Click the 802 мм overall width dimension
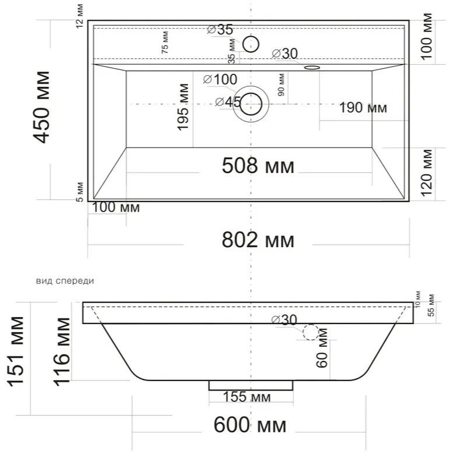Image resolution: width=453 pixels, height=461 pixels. pos(258,240)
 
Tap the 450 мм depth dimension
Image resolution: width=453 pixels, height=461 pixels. pos(41,107)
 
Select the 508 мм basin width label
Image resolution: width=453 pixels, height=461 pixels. pos(258,166)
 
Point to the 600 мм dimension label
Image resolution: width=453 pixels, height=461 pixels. pos(250,425)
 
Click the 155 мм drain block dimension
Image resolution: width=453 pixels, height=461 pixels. pos(247,397)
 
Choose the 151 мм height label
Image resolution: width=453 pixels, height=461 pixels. pos(15,351)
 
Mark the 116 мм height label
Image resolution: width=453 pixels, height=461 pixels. pos(61,351)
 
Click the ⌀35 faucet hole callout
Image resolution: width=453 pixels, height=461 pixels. pos(220,29)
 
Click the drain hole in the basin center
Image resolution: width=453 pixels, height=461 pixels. pos(251,104)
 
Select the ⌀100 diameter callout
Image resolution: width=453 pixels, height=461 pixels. pos(220,79)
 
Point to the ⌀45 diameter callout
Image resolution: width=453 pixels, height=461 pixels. pos(229,102)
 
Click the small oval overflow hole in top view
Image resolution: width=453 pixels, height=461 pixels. pos(312,68)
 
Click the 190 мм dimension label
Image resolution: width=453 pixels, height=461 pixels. pos(363,108)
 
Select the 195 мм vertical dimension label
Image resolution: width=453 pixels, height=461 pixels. pos(182,107)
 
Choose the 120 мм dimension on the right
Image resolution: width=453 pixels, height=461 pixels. pos(426,173)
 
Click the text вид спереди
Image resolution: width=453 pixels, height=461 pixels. pos(65,281)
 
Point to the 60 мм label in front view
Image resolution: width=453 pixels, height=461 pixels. pos(322,348)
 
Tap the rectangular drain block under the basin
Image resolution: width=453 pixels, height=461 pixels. pos(251,385)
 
